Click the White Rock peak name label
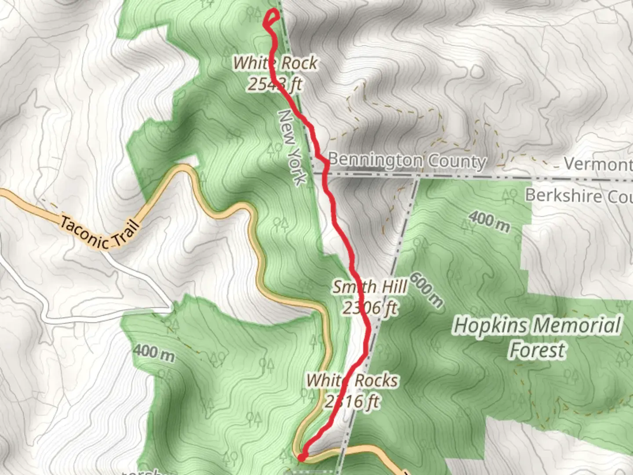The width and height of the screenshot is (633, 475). [275, 63]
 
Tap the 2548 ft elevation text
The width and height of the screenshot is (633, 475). [275, 84]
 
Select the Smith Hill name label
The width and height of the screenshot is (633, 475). [370, 287]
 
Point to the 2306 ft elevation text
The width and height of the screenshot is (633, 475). [370, 308]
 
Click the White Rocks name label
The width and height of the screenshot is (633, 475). [352, 380]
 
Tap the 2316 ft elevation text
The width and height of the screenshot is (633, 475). [352, 401]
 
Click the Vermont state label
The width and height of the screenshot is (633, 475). [598, 164]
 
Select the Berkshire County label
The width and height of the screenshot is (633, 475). [578, 195]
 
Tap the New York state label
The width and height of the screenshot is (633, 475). [292, 148]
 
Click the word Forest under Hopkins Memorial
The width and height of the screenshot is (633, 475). [537, 351]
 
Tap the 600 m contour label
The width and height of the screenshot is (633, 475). [426, 290]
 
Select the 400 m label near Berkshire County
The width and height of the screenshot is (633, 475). [489, 221]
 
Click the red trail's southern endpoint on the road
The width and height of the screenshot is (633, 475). [301, 458]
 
